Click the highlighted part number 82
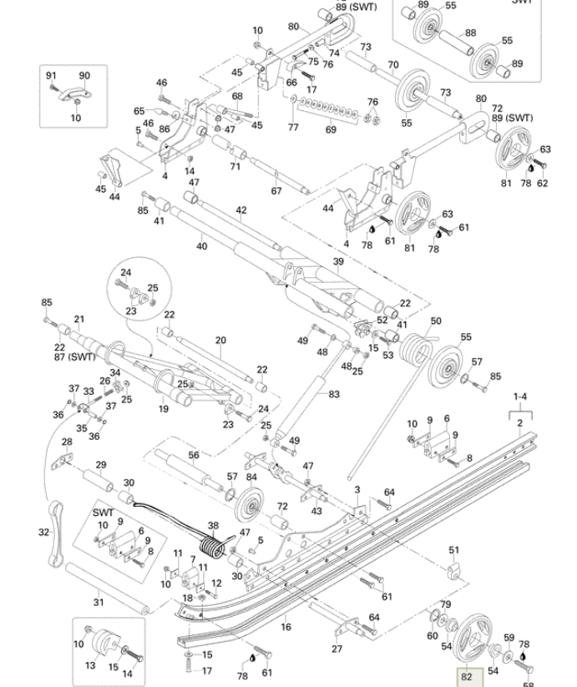[x=466, y=677]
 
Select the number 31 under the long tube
[x=98, y=602]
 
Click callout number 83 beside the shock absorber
[x=335, y=393]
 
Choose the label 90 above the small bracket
[x=84, y=75]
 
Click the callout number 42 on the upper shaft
[x=241, y=210]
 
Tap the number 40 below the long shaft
[x=201, y=246]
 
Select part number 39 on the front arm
[x=338, y=261]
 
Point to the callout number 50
[x=436, y=321]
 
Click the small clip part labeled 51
[x=454, y=570]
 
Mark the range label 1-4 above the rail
[x=520, y=398]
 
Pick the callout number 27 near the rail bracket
[x=337, y=649]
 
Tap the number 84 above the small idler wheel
[x=251, y=477]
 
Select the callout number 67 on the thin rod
[x=276, y=191]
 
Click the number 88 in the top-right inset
[x=471, y=33]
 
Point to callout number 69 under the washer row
[x=331, y=129]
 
